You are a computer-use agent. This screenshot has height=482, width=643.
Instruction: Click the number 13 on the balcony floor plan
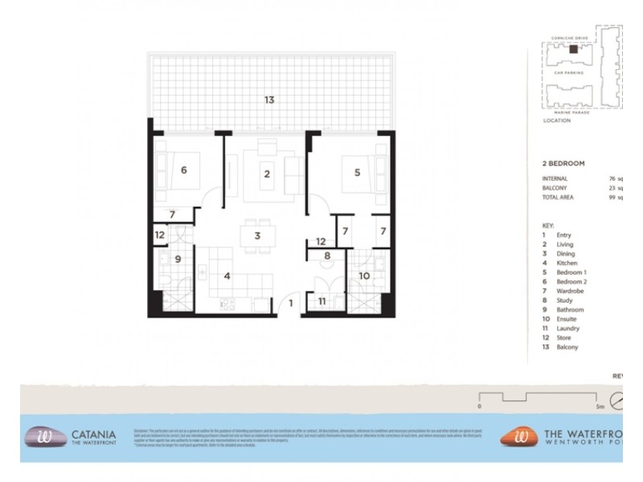click(x=269, y=100)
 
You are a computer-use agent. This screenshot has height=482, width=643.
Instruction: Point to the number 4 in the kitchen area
click(x=227, y=277)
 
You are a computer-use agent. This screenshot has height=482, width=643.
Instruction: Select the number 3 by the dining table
click(x=256, y=235)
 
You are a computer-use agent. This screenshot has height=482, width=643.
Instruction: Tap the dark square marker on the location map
click(x=572, y=50)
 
